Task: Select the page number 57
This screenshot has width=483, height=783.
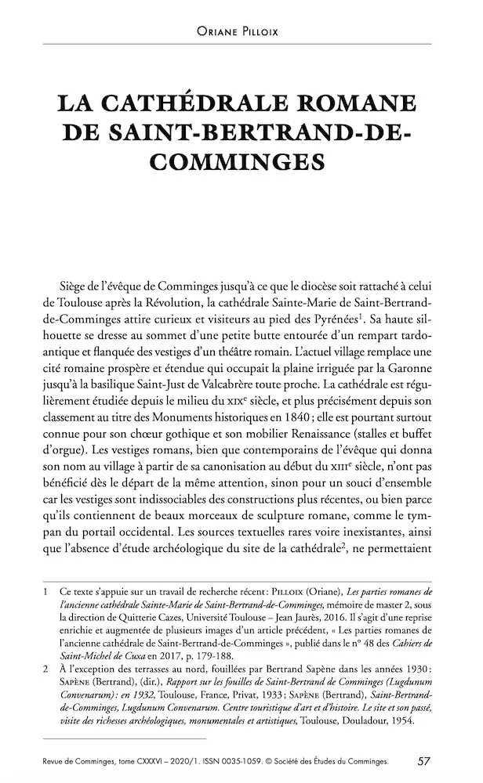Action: coord(423,760)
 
